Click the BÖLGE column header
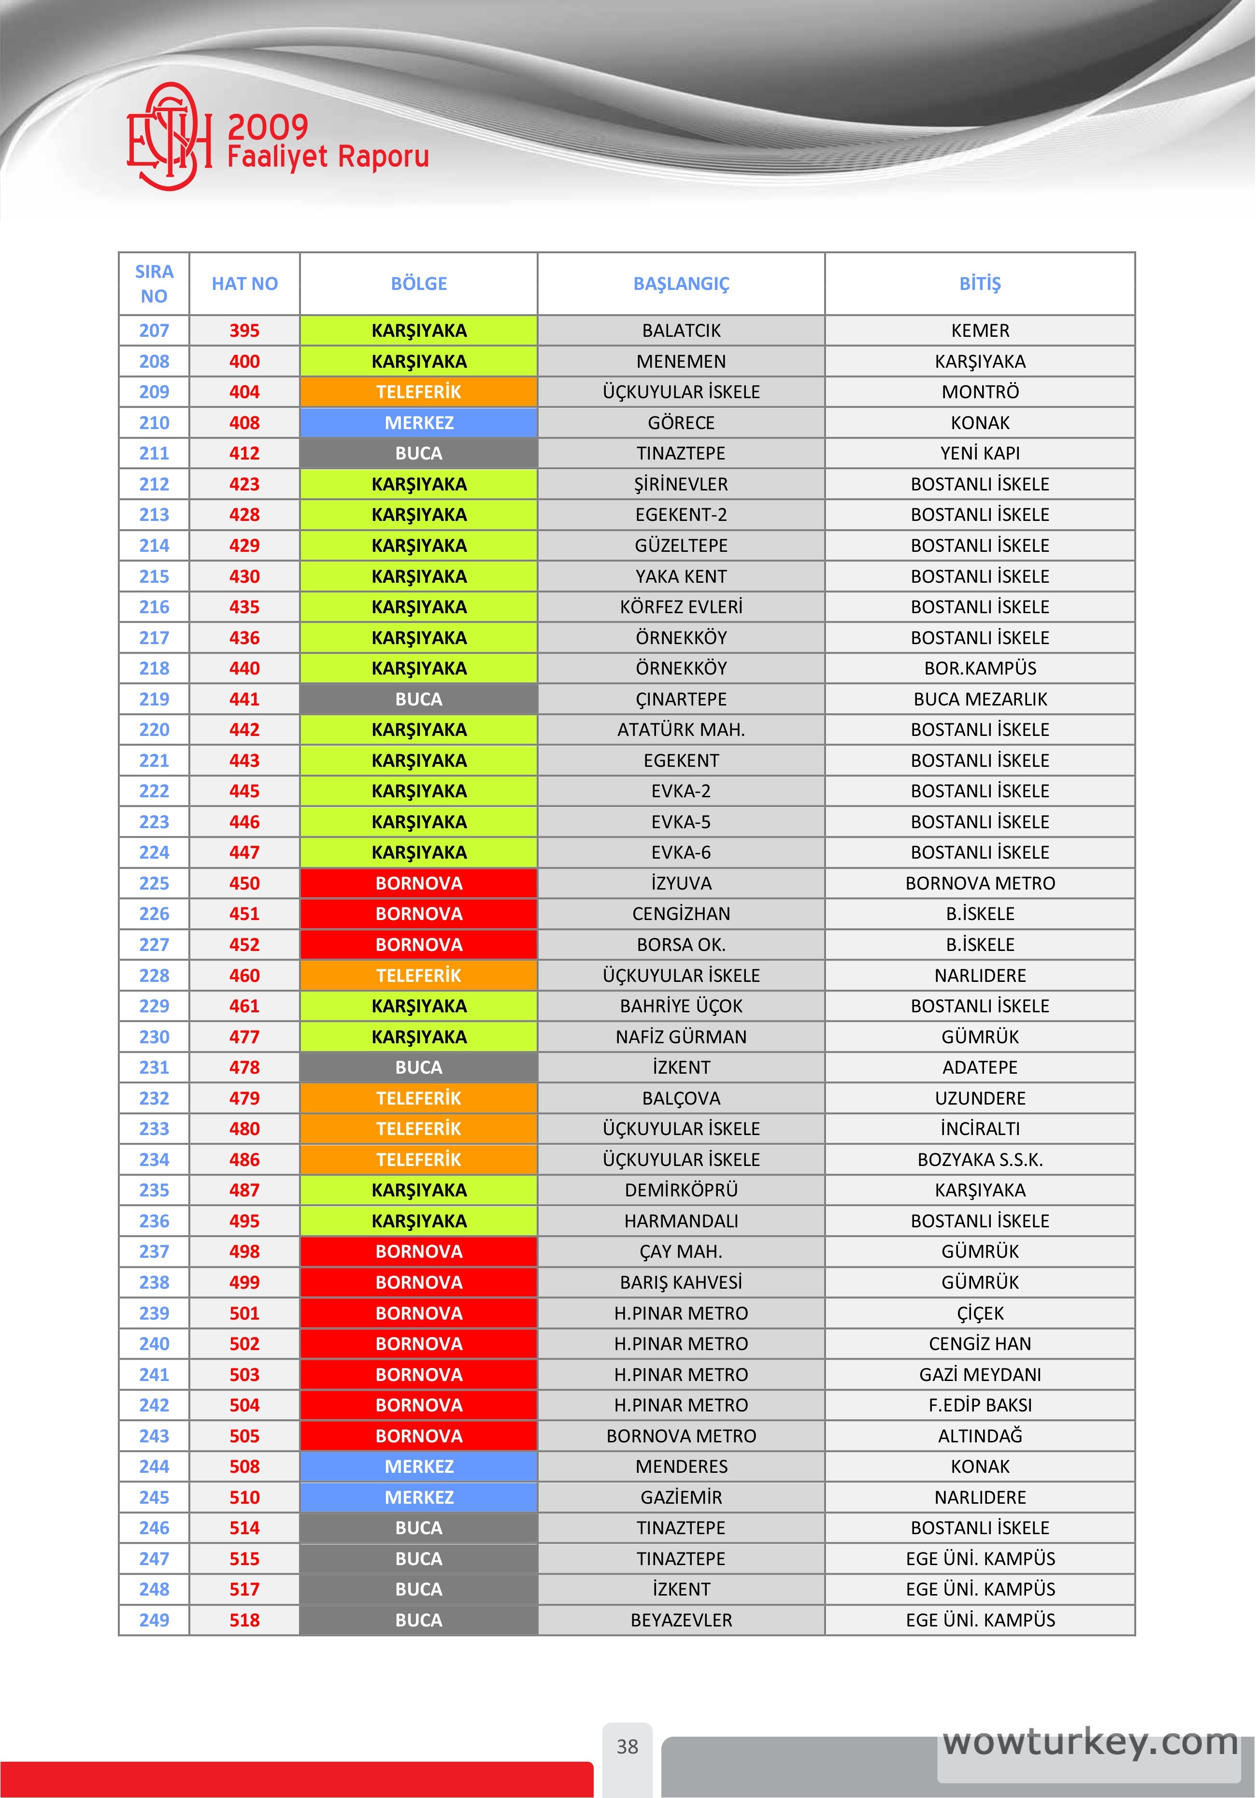(x=419, y=284)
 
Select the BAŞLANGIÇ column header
(x=681, y=284)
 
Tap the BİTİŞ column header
(x=980, y=284)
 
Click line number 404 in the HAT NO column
(x=244, y=391)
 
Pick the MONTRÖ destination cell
(x=980, y=391)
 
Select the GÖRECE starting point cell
(x=681, y=423)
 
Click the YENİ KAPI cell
(x=980, y=453)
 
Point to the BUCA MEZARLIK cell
(x=980, y=699)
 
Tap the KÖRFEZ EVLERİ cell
(x=681, y=607)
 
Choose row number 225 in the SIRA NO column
(x=154, y=883)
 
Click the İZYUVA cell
(x=681, y=883)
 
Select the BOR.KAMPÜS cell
(x=980, y=668)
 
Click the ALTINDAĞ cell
(x=980, y=1436)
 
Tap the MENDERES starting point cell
(x=681, y=1467)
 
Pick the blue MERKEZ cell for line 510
(x=419, y=1497)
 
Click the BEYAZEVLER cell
(x=681, y=1620)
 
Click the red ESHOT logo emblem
(x=169, y=137)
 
